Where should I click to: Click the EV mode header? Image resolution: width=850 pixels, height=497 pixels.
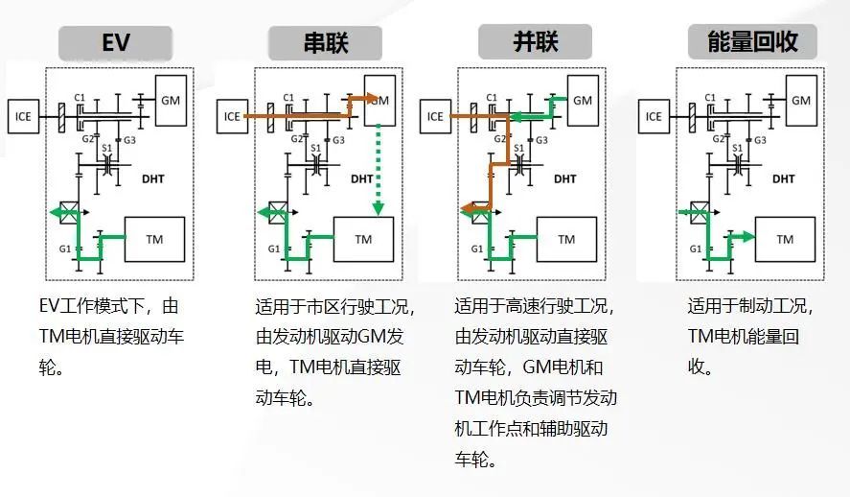click(115, 43)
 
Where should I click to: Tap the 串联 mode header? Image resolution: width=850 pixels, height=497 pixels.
click(325, 43)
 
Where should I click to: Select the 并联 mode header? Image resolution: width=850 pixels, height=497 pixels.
click(535, 41)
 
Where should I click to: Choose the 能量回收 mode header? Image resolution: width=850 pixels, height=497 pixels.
click(752, 41)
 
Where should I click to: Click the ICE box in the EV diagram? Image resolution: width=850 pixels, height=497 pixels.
click(23, 116)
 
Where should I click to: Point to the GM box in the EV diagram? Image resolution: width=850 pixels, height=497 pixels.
click(171, 101)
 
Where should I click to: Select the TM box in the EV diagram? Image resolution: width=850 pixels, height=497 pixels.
click(154, 239)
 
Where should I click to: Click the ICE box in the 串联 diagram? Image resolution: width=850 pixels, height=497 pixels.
click(232, 116)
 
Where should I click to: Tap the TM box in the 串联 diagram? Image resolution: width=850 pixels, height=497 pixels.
click(363, 239)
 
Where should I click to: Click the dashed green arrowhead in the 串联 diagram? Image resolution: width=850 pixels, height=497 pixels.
click(379, 209)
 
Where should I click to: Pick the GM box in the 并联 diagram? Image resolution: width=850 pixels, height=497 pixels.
click(583, 101)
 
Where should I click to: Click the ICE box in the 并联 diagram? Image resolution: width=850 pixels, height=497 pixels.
click(435, 116)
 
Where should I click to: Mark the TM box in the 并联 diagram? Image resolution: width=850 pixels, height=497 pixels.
click(566, 239)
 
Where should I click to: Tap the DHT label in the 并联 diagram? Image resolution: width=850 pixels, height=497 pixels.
click(564, 178)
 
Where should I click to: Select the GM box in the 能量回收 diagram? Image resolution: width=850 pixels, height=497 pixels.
click(801, 101)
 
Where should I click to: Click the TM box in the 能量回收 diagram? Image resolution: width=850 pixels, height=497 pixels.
click(785, 239)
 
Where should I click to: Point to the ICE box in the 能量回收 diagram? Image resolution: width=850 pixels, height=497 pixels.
click(654, 116)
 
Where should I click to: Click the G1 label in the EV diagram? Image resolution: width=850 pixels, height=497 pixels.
click(65, 248)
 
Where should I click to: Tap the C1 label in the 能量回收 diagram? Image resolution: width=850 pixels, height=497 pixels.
click(710, 97)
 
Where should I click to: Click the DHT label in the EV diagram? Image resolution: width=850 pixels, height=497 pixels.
click(153, 178)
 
